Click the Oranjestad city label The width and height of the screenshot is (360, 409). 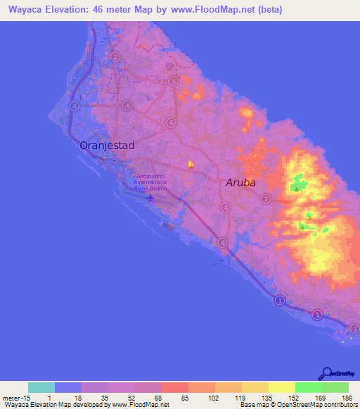(107, 145)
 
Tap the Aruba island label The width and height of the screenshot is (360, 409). (240, 183)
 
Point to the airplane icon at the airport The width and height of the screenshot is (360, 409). (150, 197)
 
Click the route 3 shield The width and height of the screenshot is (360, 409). (174, 82)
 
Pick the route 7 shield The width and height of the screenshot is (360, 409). (265, 199)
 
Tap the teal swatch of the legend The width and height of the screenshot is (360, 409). (41, 387)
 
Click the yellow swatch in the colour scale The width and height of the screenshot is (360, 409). (281, 387)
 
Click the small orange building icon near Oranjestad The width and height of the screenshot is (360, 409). (190, 165)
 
